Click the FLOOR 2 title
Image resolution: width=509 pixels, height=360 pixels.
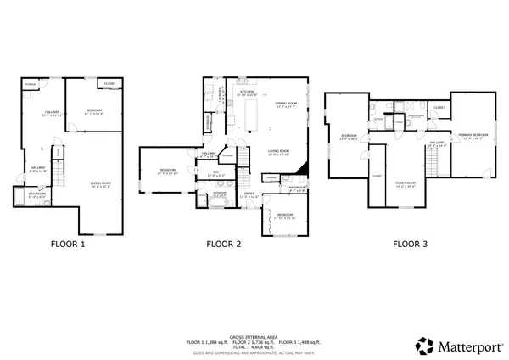tap(225, 244)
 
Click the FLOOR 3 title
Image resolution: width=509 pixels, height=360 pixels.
tap(411, 244)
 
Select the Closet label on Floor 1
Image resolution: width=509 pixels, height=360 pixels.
tap(109, 84)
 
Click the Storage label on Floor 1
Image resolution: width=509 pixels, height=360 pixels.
tap(31, 85)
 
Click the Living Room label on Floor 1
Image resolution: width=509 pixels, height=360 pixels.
tap(101, 183)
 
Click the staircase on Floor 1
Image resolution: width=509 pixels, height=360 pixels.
tap(58, 160)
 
